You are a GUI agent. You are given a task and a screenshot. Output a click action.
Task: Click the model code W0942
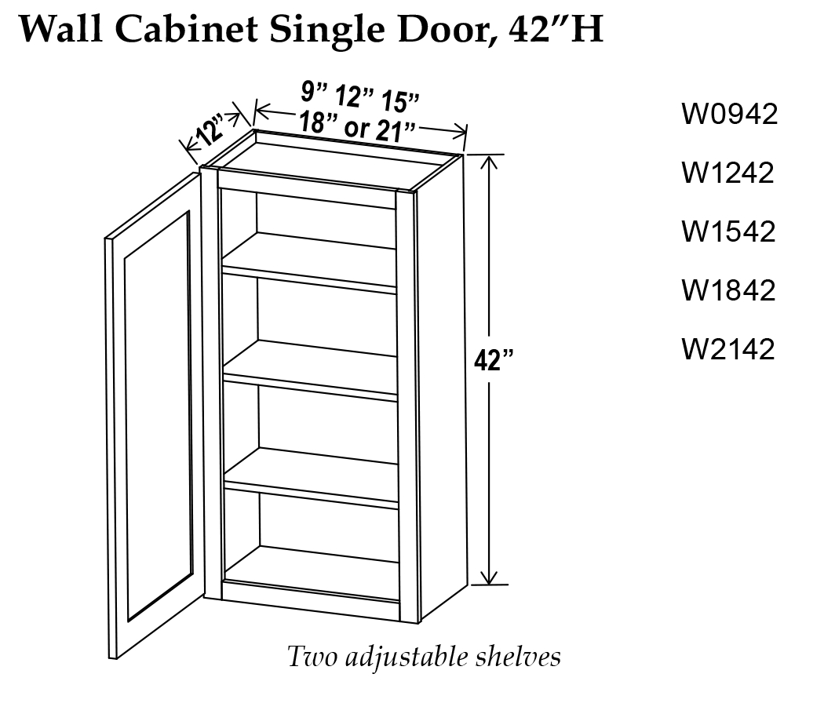pos(730,115)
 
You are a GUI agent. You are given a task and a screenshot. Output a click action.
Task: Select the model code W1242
pos(728,173)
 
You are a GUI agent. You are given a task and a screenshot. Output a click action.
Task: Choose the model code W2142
pos(728,348)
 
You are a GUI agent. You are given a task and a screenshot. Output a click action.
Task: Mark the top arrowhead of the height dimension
pos(490,160)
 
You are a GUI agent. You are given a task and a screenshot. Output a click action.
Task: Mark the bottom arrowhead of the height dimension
pos(490,578)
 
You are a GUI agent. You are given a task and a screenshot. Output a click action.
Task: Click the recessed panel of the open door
pos(157,416)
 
